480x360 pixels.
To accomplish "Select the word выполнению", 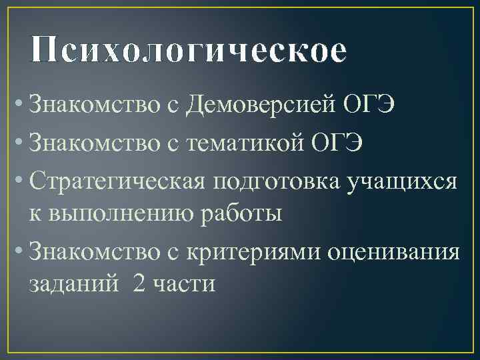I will click(124, 215).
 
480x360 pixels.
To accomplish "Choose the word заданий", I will click(73, 285).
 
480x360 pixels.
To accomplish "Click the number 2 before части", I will click(139, 284).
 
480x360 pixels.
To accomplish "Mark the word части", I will click(184, 285).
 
